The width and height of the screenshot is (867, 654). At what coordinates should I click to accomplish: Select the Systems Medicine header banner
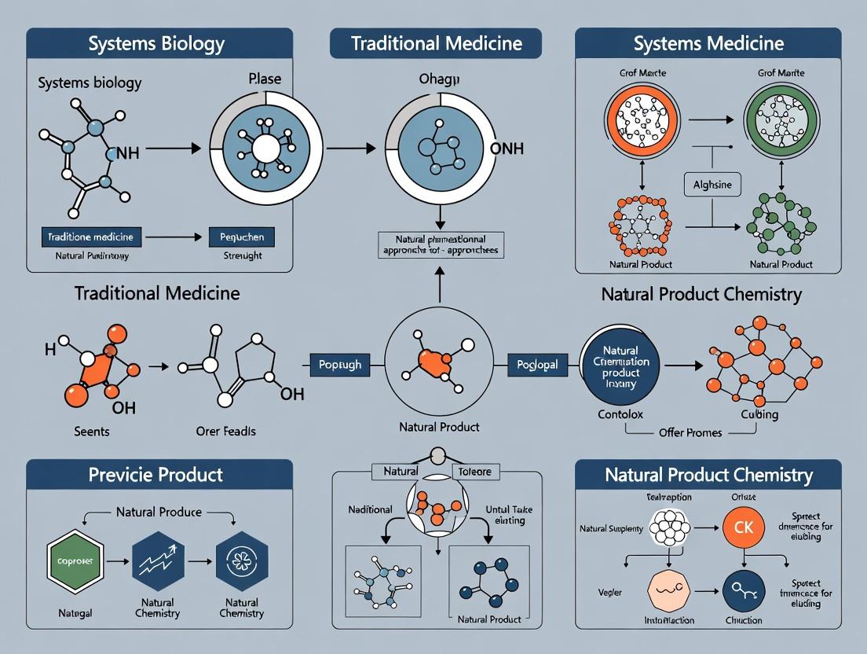coord(708,43)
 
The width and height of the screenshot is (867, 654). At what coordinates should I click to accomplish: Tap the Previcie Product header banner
coord(159,475)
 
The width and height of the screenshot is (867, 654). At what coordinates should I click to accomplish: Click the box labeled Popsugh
coord(339,365)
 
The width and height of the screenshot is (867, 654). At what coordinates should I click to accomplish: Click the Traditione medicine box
coord(90,236)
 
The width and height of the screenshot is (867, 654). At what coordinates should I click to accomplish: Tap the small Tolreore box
coord(475,472)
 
